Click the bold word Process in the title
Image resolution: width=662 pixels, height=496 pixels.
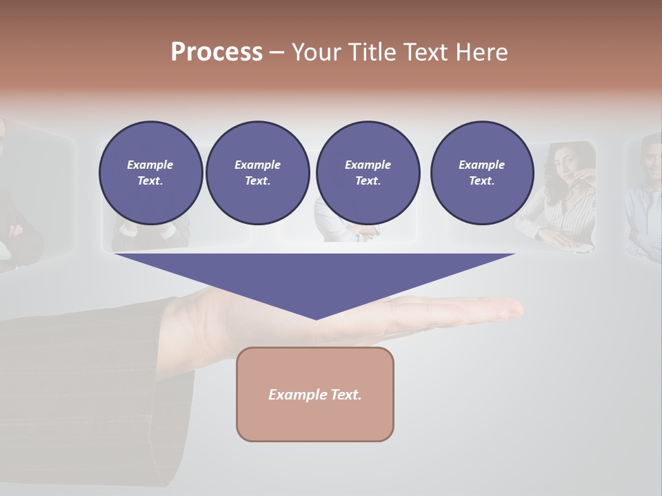click(x=217, y=52)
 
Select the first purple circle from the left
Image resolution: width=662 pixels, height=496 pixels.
click(x=150, y=173)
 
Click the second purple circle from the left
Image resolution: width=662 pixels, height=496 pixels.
click(x=257, y=173)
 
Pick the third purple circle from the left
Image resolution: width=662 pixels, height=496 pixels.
click(x=368, y=173)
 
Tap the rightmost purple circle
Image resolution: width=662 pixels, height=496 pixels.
click(x=481, y=173)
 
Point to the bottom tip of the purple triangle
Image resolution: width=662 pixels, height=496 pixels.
click(x=316, y=318)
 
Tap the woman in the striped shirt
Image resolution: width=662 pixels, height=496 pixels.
click(x=562, y=200)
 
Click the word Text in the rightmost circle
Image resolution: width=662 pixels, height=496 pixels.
click(x=481, y=181)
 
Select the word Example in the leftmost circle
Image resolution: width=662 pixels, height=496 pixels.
click(x=150, y=165)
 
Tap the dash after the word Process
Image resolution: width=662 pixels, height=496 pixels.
click(x=277, y=52)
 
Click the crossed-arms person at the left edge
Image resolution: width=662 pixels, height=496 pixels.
click(x=14, y=207)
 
